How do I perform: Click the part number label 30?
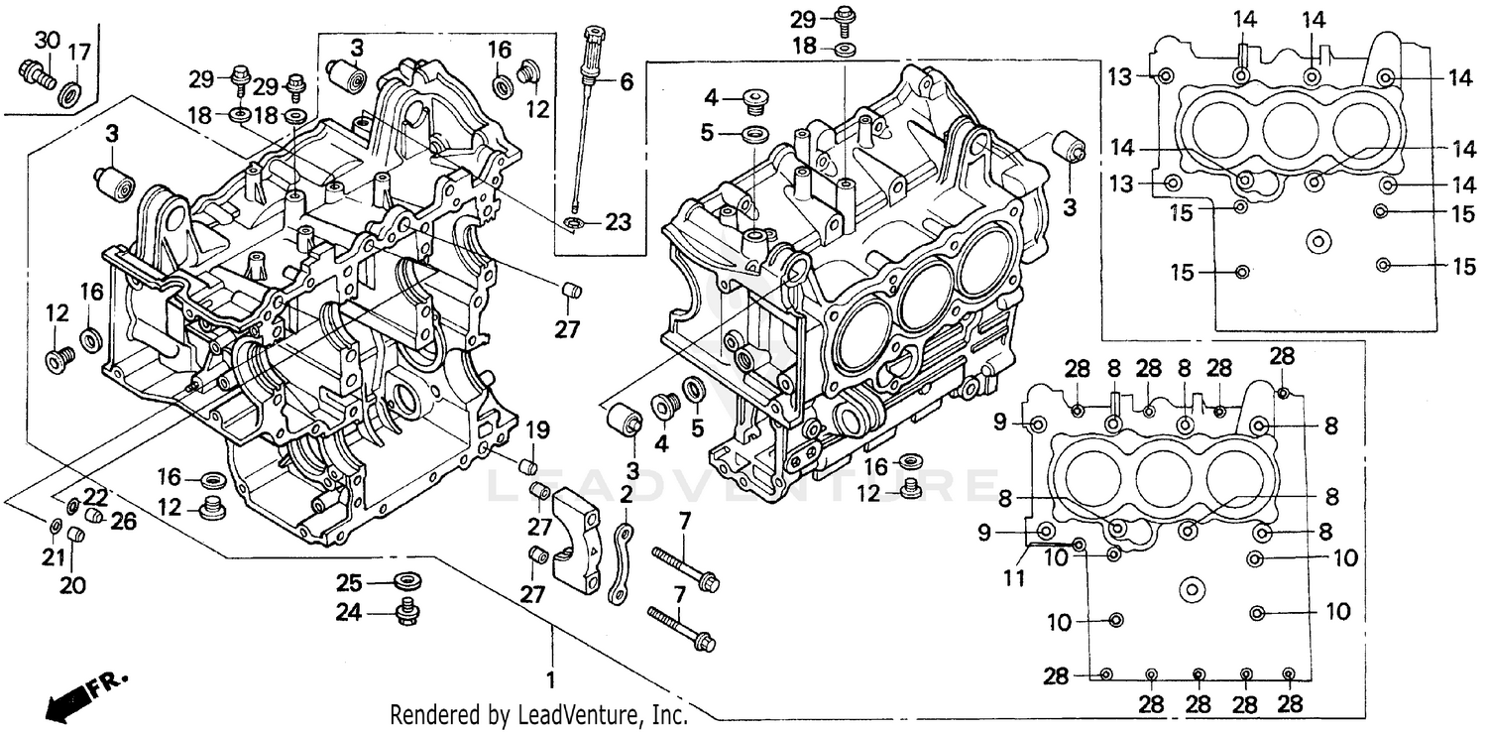(x=47, y=41)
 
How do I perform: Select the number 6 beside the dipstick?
(x=626, y=82)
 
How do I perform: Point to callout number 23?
(x=618, y=224)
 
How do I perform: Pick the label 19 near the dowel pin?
(x=536, y=430)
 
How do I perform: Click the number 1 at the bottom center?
(x=550, y=681)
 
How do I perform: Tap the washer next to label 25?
(x=405, y=580)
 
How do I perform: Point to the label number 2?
(x=627, y=494)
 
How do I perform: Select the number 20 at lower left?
(x=72, y=585)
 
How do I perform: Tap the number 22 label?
(x=94, y=495)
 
